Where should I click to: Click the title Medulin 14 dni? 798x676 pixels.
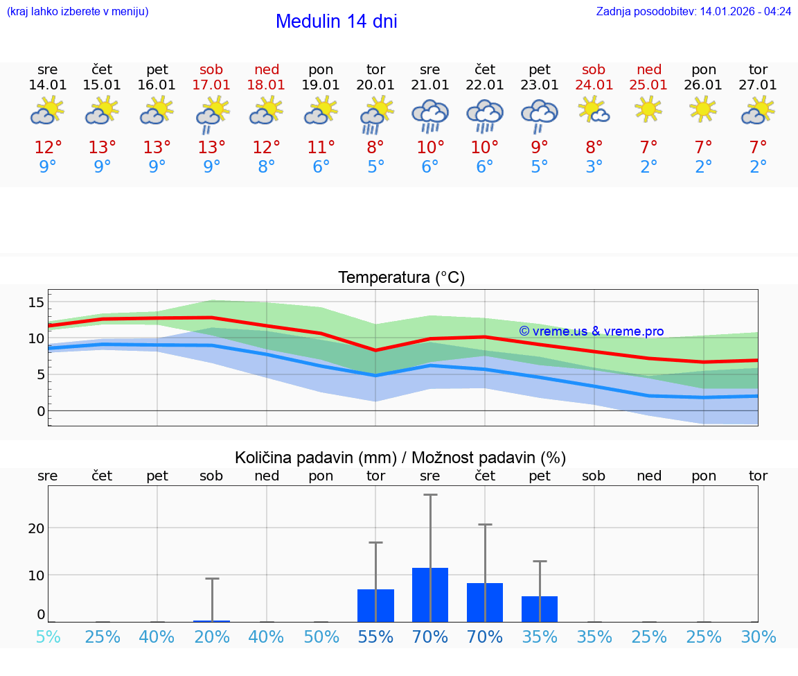[x=336, y=21]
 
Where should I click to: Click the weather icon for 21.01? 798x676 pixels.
[x=430, y=115]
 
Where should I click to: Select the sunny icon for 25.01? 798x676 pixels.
[x=649, y=109]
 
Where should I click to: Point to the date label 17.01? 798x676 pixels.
[x=211, y=85]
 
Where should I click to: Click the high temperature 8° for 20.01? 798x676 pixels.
[x=375, y=148]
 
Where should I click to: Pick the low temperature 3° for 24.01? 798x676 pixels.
[x=594, y=167]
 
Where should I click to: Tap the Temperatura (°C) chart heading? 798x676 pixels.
[x=401, y=278]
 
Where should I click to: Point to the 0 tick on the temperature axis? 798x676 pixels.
[x=41, y=411]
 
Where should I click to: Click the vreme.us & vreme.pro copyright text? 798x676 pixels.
[x=592, y=331]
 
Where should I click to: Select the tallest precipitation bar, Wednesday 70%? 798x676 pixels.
[x=430, y=595]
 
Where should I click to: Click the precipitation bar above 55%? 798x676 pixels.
[x=375, y=605]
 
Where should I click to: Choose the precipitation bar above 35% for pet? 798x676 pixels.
[x=540, y=609]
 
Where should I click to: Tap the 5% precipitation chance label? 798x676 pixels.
[x=48, y=637]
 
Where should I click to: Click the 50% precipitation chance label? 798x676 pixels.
[x=321, y=637]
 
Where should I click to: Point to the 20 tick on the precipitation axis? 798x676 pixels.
[x=36, y=528]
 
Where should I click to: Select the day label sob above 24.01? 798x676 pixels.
[x=594, y=69]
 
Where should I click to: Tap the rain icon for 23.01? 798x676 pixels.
[x=540, y=116]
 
